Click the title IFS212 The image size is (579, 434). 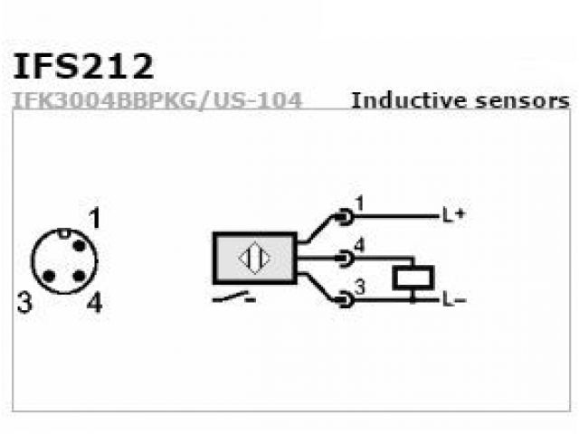click(83, 66)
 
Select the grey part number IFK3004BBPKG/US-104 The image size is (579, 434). click(157, 99)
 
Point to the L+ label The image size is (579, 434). click(453, 216)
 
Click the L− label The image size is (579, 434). click(453, 299)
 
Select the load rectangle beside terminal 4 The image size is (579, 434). click(413, 278)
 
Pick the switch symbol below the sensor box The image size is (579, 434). click(233, 297)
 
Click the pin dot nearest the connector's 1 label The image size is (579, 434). click(79, 246)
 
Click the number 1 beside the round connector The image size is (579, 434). click(94, 218)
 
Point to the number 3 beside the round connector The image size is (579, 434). click(24, 303)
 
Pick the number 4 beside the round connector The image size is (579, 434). click(94, 303)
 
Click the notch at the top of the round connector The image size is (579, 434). click(64, 233)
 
